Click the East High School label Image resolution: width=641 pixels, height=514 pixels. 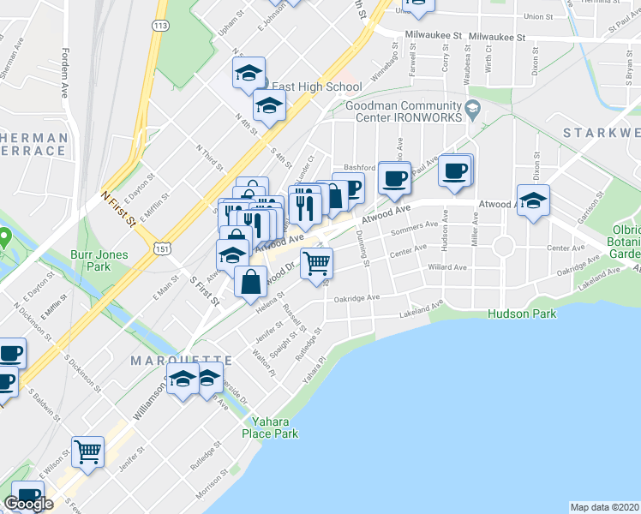[313, 86]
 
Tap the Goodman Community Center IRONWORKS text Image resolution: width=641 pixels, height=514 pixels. [404, 111]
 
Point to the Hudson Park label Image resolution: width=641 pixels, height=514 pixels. [522, 314]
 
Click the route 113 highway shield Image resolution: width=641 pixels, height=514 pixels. [159, 26]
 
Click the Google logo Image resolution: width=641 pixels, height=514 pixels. [29, 505]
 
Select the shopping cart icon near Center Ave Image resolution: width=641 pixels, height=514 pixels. [316, 264]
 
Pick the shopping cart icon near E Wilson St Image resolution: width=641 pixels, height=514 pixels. [87, 451]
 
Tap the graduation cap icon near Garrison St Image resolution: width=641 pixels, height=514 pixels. [533, 201]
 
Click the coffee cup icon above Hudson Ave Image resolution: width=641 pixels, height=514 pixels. [456, 170]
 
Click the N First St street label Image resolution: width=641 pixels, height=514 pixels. [119, 208]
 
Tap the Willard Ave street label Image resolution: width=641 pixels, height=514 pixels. [447, 268]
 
